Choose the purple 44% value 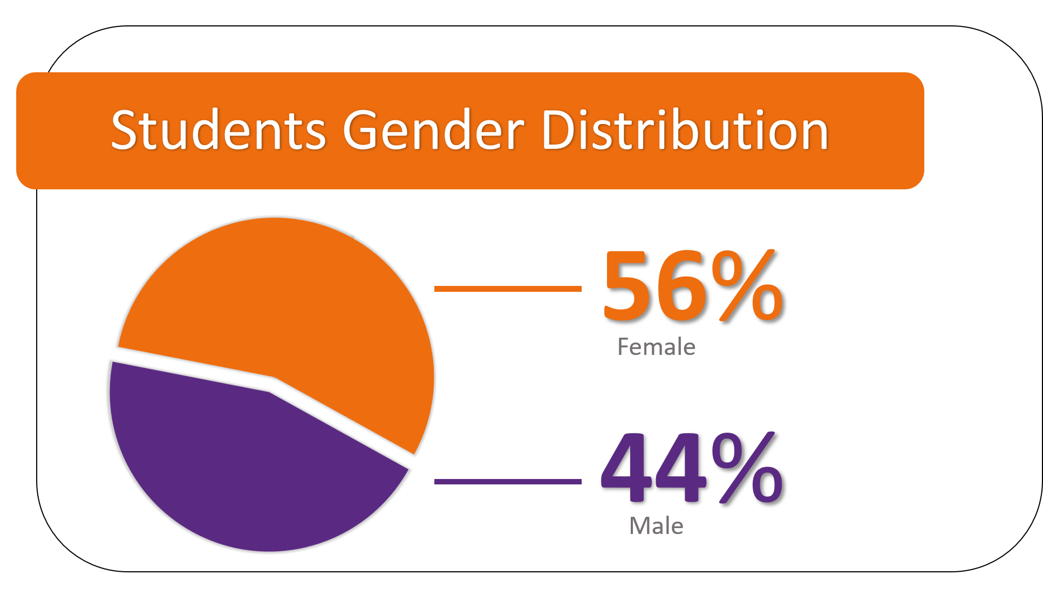click(x=692, y=467)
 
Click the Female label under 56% click(x=656, y=347)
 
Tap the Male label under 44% click(x=656, y=526)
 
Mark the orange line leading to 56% click(x=508, y=289)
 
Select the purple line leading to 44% click(x=508, y=482)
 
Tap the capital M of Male click(x=640, y=526)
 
